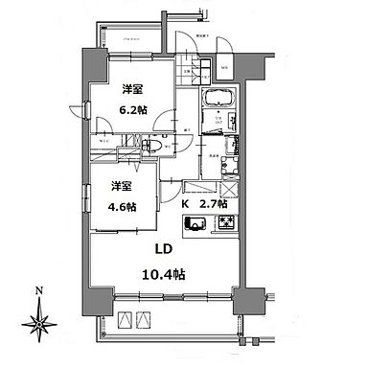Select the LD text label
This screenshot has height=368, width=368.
pyautogui.click(x=167, y=252)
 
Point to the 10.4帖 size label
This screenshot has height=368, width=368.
pyautogui.click(x=168, y=274)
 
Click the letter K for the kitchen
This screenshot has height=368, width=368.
pyautogui.click(x=186, y=204)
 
